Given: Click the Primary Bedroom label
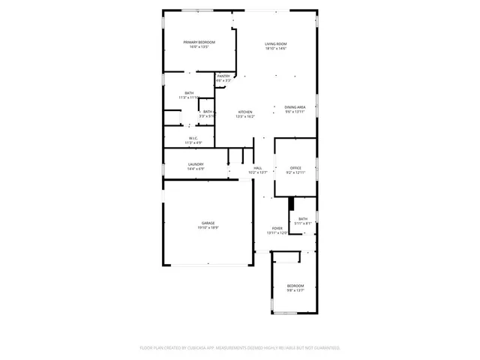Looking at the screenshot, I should [x=199, y=42].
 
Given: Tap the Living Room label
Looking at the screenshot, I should [x=276, y=44].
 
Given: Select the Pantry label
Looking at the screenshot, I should [x=223, y=76].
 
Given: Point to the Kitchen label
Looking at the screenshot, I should [x=245, y=112].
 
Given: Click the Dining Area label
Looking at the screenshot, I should [x=295, y=107].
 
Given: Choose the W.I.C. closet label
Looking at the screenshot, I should [x=193, y=138].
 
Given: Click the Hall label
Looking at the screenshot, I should [x=257, y=168].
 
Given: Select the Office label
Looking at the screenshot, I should [x=295, y=168].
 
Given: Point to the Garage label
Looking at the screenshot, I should [x=208, y=223].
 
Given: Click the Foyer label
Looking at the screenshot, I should [x=277, y=228].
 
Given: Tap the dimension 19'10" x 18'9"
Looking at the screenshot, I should [x=208, y=227].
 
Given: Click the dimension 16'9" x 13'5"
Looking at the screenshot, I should [x=199, y=46].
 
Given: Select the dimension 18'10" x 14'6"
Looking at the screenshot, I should [x=276, y=49].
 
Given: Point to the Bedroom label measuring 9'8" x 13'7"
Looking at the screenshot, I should [x=295, y=286].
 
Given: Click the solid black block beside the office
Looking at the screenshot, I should [x=292, y=205].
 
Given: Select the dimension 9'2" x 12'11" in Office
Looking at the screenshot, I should [x=295, y=172].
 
